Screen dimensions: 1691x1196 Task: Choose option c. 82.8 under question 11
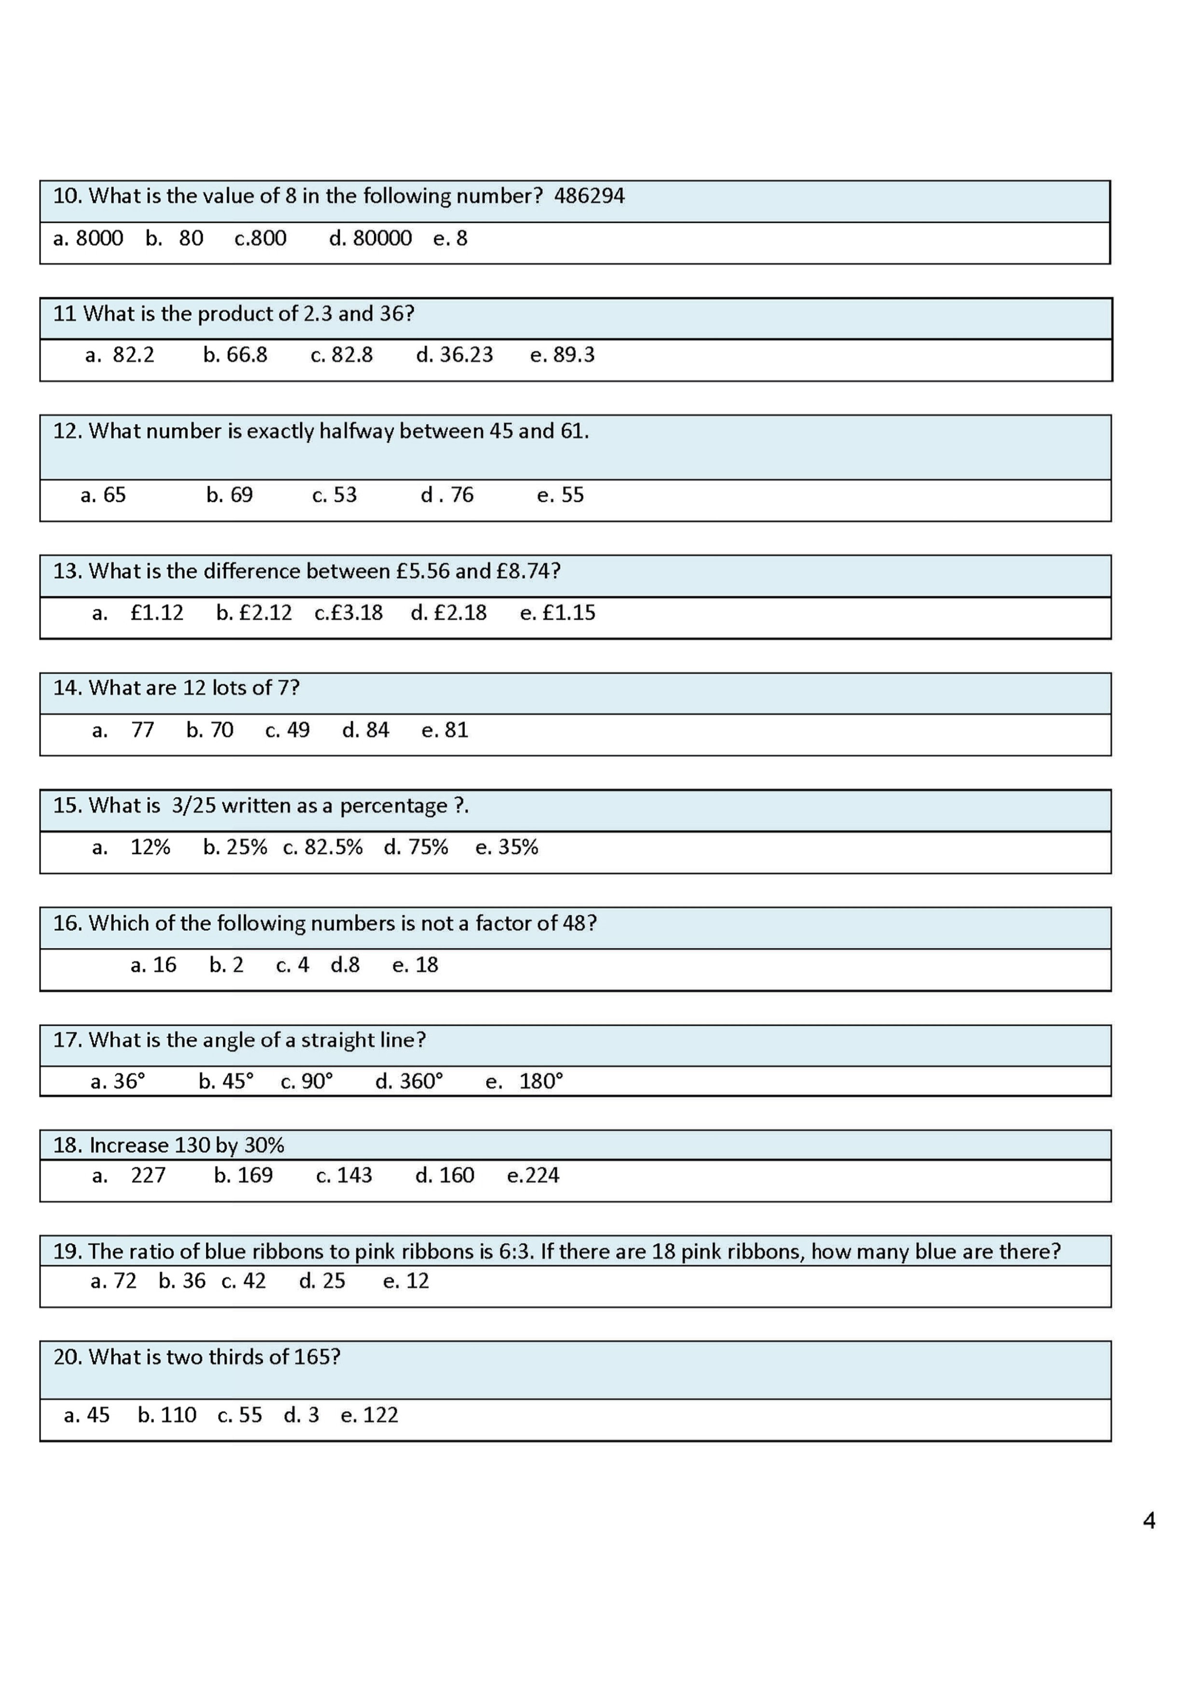[342, 355]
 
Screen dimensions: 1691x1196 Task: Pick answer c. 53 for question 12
[334, 495]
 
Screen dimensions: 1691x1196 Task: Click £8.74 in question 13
[524, 571]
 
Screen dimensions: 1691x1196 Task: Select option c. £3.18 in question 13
[348, 613]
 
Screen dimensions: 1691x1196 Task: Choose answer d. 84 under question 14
[366, 730]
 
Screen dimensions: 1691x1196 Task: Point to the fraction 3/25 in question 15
[194, 806]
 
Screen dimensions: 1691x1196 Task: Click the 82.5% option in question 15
[323, 847]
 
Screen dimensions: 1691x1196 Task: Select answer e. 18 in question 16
[415, 965]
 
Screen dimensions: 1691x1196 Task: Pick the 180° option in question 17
[540, 1081]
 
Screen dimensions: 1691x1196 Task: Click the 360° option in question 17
[410, 1081]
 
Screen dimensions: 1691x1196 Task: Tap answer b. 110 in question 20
[167, 1416]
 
